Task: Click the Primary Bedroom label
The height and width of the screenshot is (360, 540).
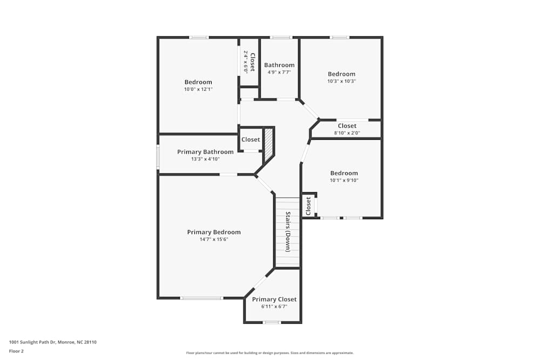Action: [x=214, y=232]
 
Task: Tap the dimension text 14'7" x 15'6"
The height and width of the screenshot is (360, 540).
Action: [x=214, y=239]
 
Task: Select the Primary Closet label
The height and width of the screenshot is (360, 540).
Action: [x=274, y=300]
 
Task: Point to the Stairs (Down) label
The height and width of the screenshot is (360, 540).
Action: [x=288, y=232]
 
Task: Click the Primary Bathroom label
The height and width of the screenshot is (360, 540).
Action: [x=205, y=152]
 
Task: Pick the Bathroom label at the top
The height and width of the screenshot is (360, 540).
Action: [x=279, y=65]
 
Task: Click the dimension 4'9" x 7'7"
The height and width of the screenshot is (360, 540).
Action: [x=279, y=72]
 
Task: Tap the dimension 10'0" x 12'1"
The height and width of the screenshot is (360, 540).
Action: [x=198, y=89]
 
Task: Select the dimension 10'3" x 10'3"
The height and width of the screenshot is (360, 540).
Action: [x=342, y=81]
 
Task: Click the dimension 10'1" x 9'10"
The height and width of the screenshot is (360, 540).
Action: [x=344, y=180]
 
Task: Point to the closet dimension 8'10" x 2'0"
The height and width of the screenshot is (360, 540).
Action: [x=347, y=133]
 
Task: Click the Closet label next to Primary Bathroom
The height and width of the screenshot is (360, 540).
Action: [x=251, y=140]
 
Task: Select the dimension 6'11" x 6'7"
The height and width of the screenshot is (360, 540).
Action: [x=274, y=307]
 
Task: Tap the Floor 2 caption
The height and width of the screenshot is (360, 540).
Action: [x=16, y=351]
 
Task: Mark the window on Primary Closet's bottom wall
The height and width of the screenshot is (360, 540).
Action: [x=272, y=322]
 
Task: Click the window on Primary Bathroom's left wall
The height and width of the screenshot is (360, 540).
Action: [x=158, y=157]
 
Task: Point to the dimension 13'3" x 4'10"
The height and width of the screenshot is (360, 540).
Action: [x=205, y=159]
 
